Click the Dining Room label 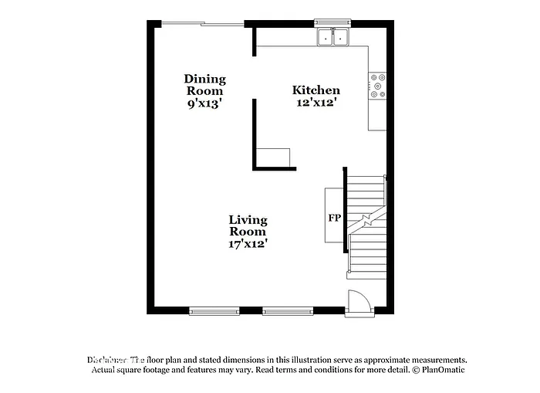coord(204,84)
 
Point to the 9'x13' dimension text coord(204,103)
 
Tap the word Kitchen coord(316,90)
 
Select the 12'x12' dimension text coord(316,102)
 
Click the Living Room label coord(248,225)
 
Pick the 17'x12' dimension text coord(248,243)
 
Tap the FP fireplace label coord(335,218)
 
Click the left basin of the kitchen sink coord(326,37)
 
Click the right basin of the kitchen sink coord(340,37)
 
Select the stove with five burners coord(377,86)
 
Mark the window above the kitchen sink coord(332,22)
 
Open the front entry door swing coord(359,301)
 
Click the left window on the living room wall coord(214,312)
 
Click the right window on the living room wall coord(287,312)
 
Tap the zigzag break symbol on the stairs coord(369,220)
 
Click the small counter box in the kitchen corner coord(275,158)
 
